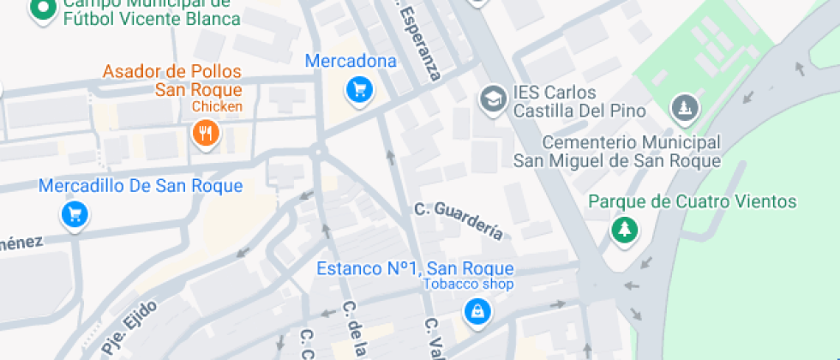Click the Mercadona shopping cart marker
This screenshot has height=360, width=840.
[359, 87]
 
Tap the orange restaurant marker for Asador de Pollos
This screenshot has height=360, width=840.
[205, 133]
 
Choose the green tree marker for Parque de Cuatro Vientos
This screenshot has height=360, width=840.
[624, 229]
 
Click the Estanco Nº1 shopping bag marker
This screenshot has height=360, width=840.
[477, 310]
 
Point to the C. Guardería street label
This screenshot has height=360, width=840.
[458, 219]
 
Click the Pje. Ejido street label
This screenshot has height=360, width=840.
[109, 333]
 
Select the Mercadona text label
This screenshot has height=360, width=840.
[351, 62]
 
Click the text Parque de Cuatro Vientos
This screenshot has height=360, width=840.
[693, 202]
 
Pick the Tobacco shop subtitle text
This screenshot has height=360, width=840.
[468, 285]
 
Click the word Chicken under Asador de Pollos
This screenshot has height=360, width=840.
[217, 107]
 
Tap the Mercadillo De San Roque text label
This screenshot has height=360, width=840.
[141, 186]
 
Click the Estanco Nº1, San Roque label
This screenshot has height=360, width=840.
[415, 268]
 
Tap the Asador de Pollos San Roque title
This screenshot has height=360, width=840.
[172, 81]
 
